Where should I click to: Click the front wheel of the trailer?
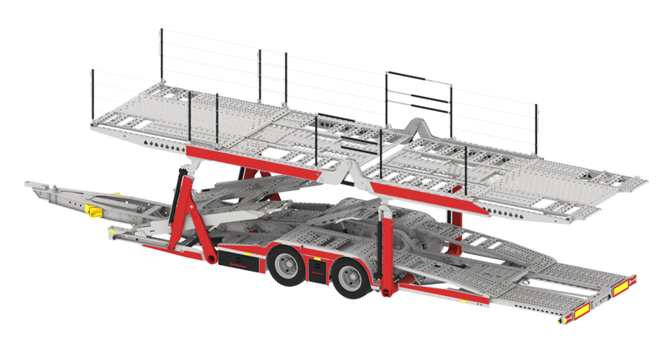pyautogui.click(x=288, y=267)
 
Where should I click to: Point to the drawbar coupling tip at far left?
pyautogui.click(x=28, y=183)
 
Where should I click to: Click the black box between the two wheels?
pyautogui.click(x=317, y=271)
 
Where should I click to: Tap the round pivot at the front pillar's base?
pyautogui.click(x=204, y=254)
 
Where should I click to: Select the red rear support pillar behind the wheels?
pyautogui.click(x=387, y=252)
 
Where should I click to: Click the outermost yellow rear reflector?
pyautogui.click(x=624, y=287)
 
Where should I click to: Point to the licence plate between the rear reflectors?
pyautogui.click(x=602, y=299)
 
